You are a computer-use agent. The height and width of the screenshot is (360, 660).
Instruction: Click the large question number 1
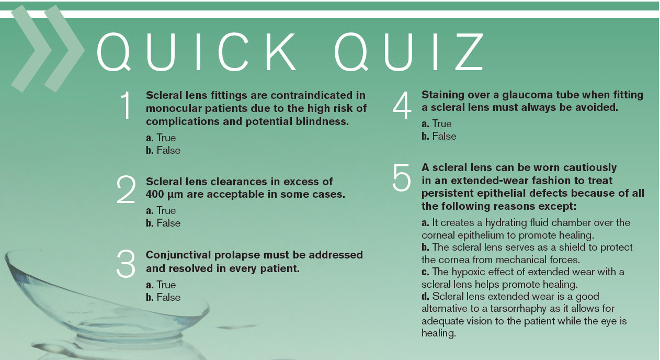[x=127, y=105]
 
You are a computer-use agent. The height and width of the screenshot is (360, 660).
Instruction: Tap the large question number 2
[x=126, y=189]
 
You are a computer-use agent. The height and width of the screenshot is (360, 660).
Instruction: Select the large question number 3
[x=126, y=264]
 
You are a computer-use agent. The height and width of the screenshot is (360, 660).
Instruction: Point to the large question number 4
[x=402, y=105]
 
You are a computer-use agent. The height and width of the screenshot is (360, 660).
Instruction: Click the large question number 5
[x=402, y=177]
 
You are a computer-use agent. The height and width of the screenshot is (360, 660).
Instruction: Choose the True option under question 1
[x=161, y=138]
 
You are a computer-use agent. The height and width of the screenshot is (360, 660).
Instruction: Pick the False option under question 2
[x=163, y=223]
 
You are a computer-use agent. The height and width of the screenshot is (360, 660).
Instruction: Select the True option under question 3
[x=161, y=285]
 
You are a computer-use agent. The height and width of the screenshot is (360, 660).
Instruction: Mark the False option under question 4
[x=439, y=136]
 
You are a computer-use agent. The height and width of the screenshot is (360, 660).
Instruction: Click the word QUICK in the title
[x=196, y=52]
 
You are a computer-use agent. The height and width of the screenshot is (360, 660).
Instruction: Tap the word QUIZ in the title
[x=409, y=52]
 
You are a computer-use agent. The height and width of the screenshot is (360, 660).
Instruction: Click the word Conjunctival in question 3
[x=178, y=255]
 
